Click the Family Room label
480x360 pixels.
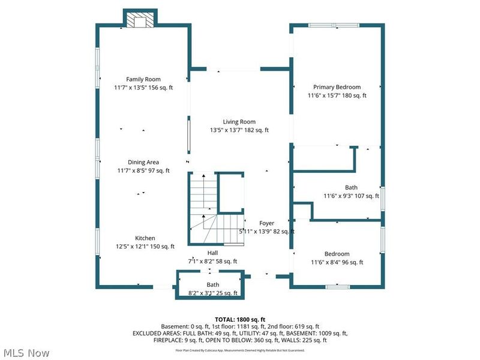pos(143,79)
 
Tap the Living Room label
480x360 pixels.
pos(239,122)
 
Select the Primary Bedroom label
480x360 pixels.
pos(337,87)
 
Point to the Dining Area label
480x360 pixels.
pos(143,162)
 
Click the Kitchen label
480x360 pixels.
pos(145,238)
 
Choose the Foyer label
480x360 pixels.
pos(266,223)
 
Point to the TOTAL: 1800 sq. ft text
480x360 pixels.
pos(239,319)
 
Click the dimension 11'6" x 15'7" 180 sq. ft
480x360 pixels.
pos(337,95)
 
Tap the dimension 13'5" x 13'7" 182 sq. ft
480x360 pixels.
pos(239,130)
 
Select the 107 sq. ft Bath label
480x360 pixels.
pos(351,187)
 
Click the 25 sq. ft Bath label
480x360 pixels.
pos(213,284)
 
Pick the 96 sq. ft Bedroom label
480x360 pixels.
pos(337,254)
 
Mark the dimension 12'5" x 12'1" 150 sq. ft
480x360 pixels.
pos(145,247)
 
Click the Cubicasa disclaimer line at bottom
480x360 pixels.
pos(239,350)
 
